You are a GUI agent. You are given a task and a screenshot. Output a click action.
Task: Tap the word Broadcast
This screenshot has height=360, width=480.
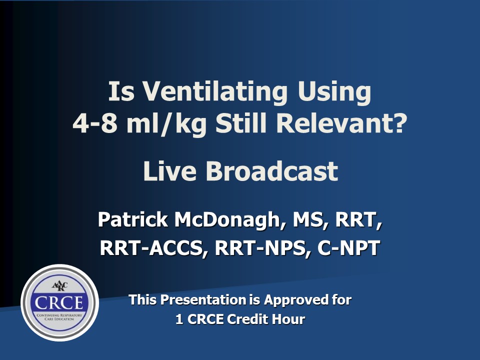272,171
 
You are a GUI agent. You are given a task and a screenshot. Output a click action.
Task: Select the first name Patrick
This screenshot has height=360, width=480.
133,219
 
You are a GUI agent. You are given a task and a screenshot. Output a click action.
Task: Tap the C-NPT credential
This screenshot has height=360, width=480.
348,248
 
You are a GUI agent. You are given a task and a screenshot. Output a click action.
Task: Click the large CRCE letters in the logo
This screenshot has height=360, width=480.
59,303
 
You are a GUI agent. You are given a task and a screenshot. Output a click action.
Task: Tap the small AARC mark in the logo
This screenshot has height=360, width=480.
59,286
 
